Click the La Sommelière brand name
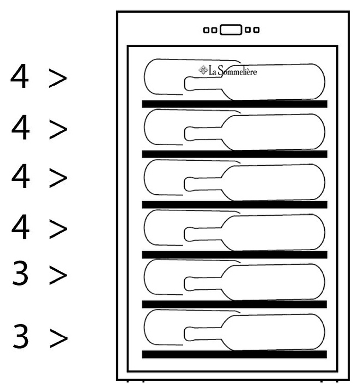point(233,71)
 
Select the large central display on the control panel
point(230,30)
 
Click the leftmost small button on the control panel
point(206,30)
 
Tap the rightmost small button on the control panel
point(256,30)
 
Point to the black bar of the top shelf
point(234,104)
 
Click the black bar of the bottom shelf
point(234,355)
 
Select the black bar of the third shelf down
point(234,204)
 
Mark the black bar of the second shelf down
point(234,154)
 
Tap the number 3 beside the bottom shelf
point(21,337)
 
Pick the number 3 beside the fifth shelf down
point(21,274)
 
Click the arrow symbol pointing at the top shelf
point(58,78)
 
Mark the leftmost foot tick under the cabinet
point(128,380)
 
